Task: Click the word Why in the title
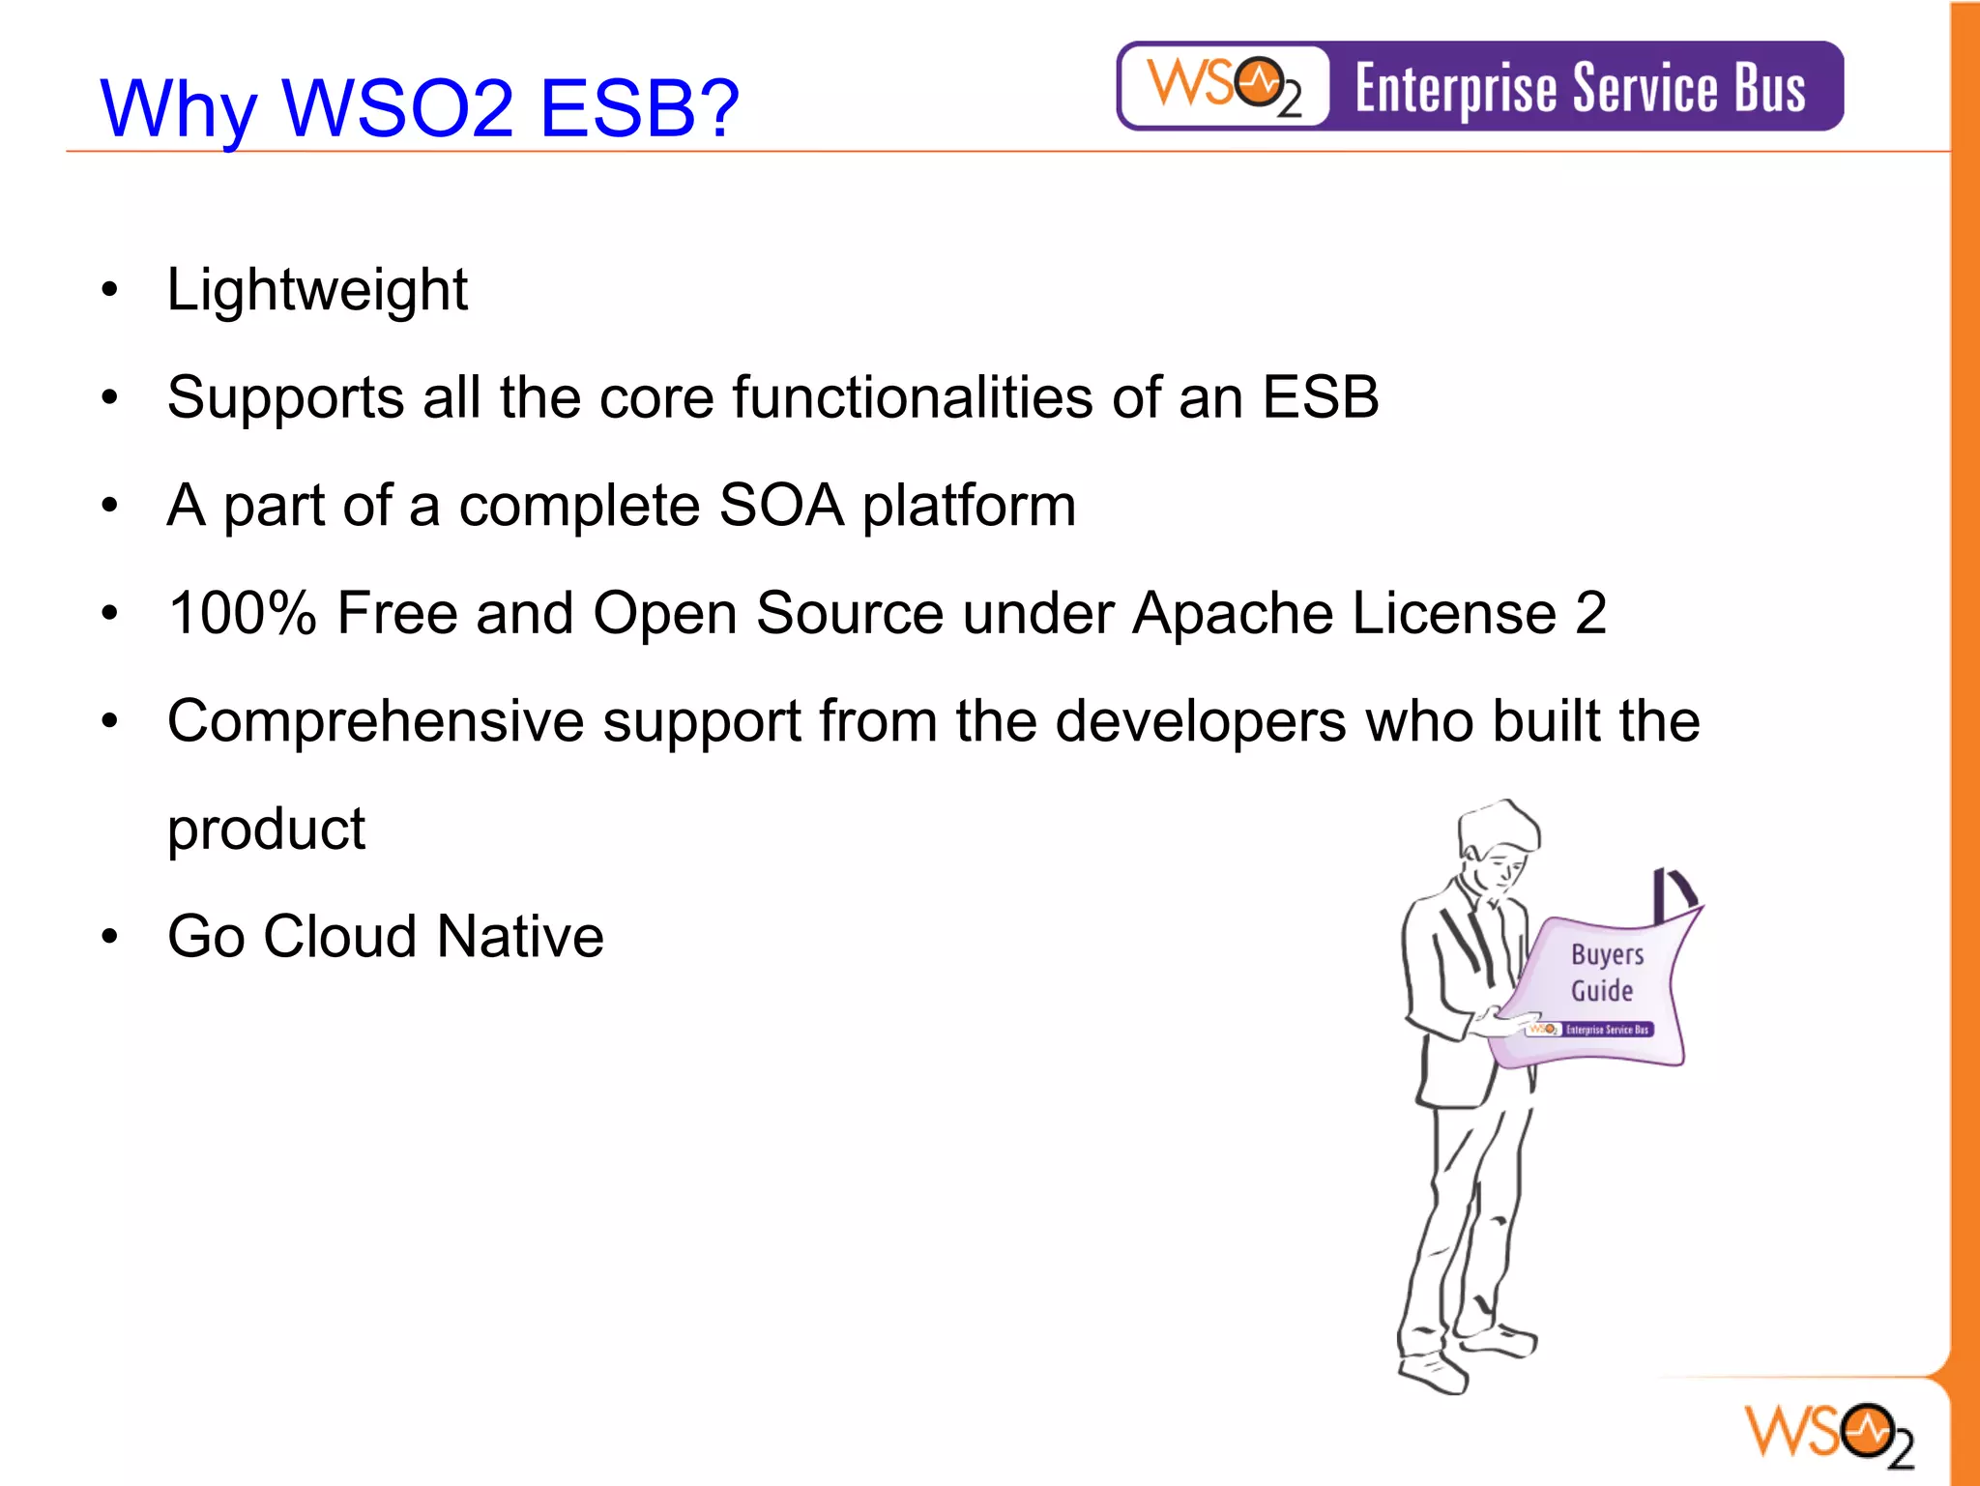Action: (179, 108)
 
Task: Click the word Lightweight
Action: (317, 290)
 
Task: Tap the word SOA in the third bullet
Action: (781, 506)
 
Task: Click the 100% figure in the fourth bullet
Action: (242, 613)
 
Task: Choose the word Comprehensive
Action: (375, 721)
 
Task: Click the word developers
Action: (1200, 721)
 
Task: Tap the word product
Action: (266, 830)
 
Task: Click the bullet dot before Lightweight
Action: (110, 290)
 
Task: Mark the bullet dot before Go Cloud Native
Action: (110, 937)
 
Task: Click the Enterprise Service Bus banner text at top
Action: (1580, 88)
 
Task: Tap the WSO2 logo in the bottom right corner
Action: (1828, 1434)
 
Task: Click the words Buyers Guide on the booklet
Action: (1605, 972)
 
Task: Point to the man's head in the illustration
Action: (1499, 841)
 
